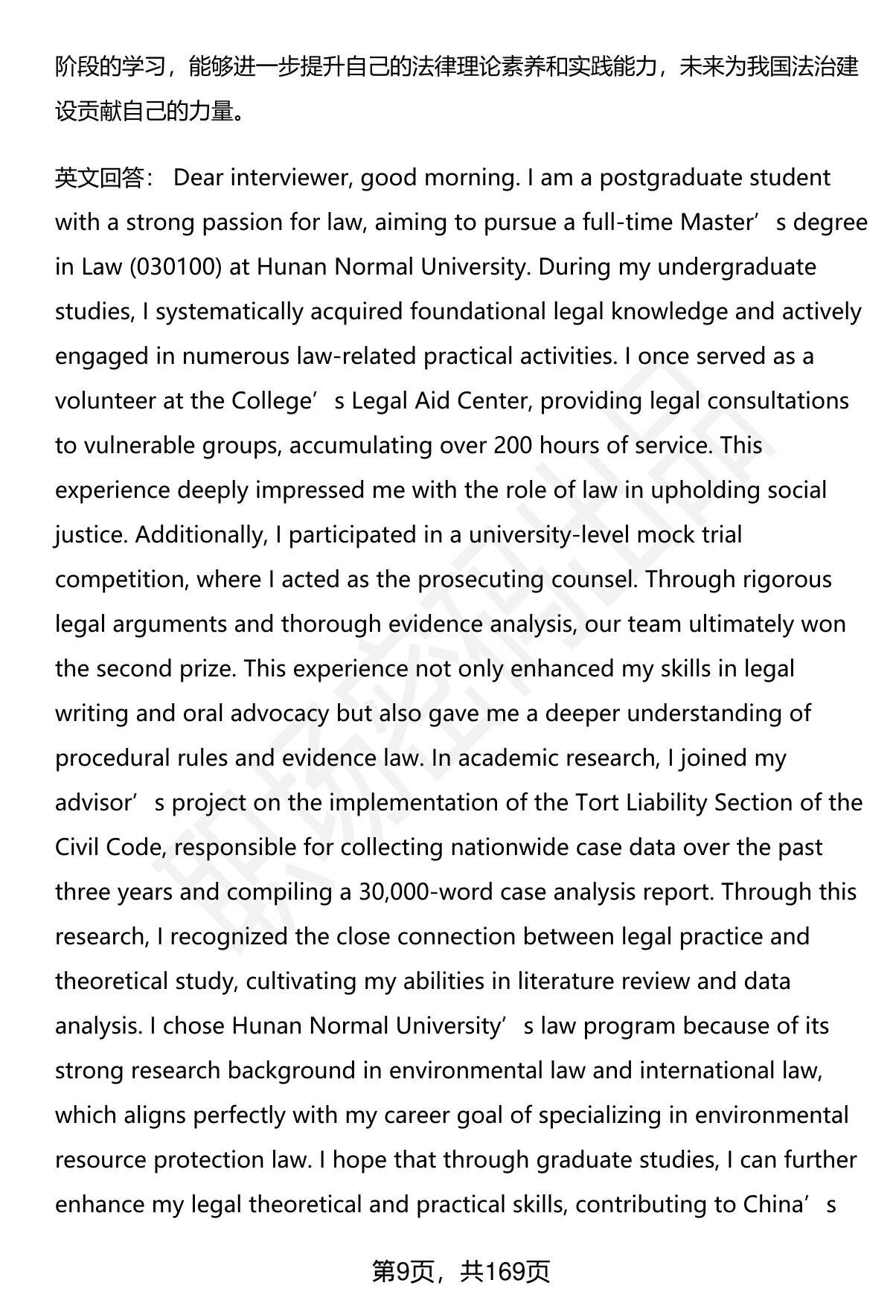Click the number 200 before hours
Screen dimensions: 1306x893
click(512, 446)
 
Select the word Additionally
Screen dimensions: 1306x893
click(199, 535)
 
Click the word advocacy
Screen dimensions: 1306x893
click(279, 714)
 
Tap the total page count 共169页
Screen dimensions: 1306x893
click(505, 1272)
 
